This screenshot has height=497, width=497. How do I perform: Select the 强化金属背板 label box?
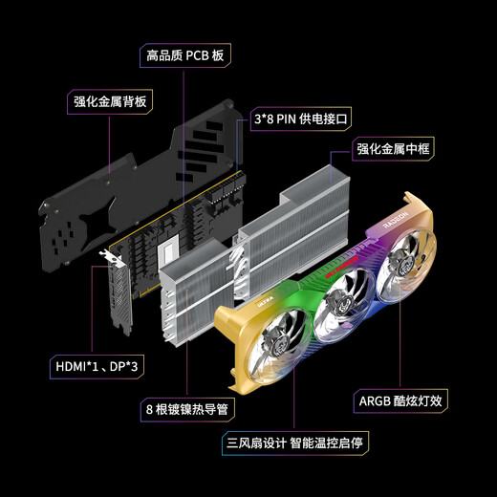[114, 100]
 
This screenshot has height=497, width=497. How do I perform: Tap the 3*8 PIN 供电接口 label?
[301, 119]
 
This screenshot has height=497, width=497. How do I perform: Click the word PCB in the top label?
[197, 55]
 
